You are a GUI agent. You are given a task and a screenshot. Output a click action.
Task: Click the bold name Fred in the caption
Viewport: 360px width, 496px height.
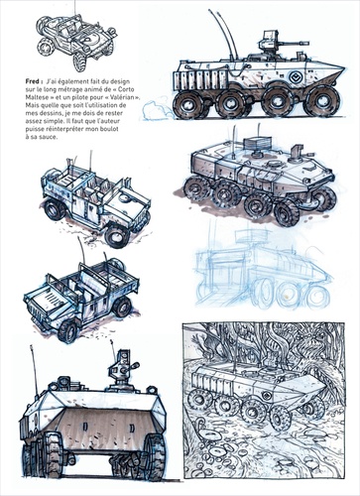pyautogui.click(x=33, y=81)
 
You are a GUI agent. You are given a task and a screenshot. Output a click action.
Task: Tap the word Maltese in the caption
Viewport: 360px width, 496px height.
pyautogui.click(x=35, y=97)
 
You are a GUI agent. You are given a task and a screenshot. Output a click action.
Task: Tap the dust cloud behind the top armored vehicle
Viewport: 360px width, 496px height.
pyautogui.click(x=157, y=108)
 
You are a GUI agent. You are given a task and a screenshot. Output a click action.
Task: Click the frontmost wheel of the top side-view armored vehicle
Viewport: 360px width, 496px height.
pyautogui.click(x=321, y=100)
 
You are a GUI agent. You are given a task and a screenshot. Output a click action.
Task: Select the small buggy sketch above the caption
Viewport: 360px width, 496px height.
pyautogui.click(x=76, y=42)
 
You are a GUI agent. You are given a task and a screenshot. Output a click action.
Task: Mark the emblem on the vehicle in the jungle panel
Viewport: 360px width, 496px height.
pyautogui.click(x=266, y=396)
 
